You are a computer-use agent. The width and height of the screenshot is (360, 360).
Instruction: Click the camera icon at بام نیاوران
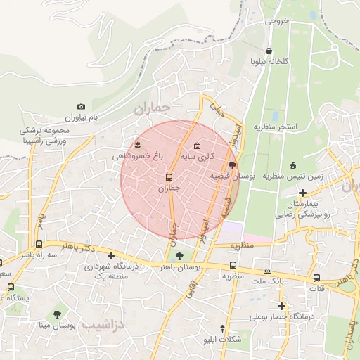point(82,106)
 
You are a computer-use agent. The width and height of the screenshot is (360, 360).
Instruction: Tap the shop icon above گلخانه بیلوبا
point(269,51)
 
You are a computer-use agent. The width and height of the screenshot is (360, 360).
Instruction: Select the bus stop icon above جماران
point(169,177)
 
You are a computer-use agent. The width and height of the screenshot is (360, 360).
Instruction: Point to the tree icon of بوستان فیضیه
point(233,165)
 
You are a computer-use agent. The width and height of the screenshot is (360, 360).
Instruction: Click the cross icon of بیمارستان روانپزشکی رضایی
point(302,193)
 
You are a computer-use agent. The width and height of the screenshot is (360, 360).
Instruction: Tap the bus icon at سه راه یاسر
point(38,245)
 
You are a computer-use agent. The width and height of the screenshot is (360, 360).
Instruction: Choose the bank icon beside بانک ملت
point(267,271)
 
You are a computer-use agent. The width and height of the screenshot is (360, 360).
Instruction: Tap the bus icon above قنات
point(316,278)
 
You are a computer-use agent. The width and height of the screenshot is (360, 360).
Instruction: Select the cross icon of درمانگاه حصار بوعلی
point(281,306)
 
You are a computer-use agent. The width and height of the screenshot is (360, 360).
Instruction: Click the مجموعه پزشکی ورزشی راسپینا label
point(45,136)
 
